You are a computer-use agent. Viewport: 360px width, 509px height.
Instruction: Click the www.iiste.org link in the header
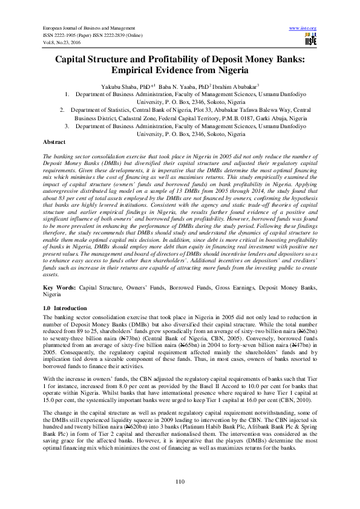coord(303,28)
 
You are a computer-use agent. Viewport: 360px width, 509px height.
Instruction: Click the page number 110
coord(180,481)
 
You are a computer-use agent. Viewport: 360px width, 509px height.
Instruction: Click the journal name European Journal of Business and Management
coord(88,28)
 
